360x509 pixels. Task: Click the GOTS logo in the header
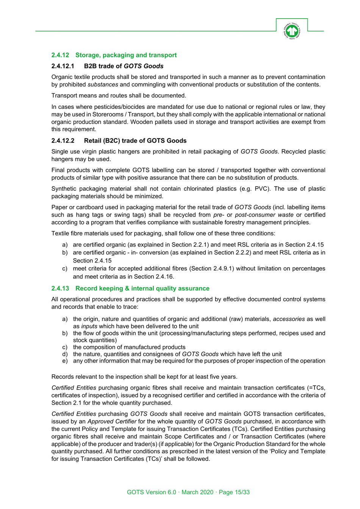[x=291, y=31]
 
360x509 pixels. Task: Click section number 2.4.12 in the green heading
[x=60, y=55]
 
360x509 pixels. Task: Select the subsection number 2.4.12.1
[x=63, y=66]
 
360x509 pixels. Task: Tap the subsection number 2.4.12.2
[x=63, y=141]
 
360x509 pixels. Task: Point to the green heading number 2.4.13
[x=60, y=288]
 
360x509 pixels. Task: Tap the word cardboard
[x=86, y=207]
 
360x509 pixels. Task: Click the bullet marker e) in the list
[x=65, y=361]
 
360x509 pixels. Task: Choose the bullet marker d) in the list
[x=65, y=354]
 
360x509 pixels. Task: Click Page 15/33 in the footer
[x=234, y=492]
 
